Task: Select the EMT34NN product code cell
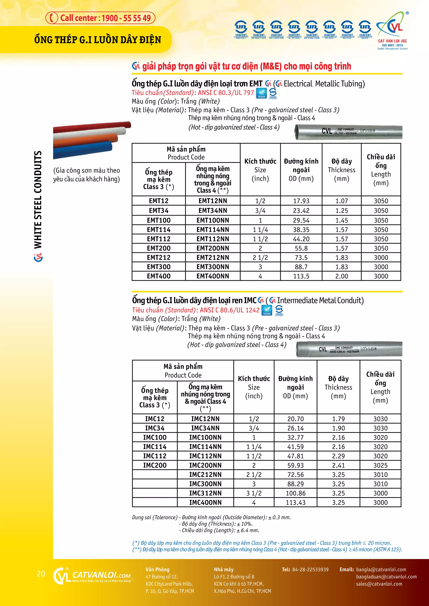click(x=213, y=211)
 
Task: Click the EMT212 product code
click(x=159, y=258)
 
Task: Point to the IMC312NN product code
click(x=205, y=493)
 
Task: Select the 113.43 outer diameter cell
click(x=295, y=503)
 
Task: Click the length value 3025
click(x=380, y=465)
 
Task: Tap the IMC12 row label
click(x=155, y=419)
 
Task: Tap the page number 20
click(x=41, y=574)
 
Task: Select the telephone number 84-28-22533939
click(x=310, y=570)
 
